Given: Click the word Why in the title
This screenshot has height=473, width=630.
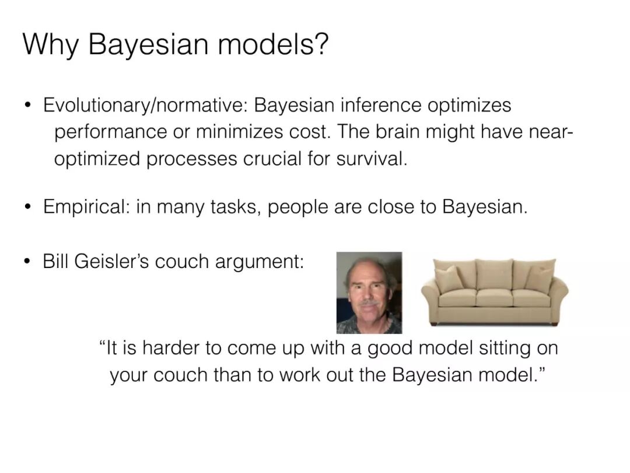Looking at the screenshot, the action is coord(50,44).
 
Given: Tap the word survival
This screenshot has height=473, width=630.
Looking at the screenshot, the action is coord(372,158).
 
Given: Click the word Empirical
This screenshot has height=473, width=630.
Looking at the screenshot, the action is coord(86,207).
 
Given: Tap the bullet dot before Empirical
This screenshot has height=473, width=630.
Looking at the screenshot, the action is coord(27,207).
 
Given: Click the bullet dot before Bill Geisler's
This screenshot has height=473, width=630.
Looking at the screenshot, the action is coord(27,262).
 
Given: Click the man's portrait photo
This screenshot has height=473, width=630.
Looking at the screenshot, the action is coord(369,293).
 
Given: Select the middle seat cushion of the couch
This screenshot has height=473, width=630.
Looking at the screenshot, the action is coord(495,298).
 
